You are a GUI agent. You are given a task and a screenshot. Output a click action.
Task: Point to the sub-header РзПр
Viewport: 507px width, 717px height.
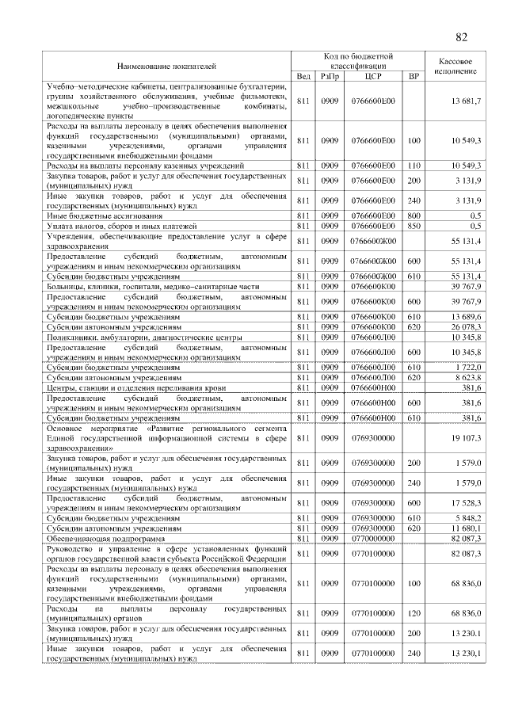(x=329, y=76)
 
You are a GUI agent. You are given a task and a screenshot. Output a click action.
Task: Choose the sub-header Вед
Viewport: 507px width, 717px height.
(x=303, y=76)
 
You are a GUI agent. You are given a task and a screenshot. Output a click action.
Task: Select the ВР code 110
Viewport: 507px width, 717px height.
(x=413, y=166)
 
